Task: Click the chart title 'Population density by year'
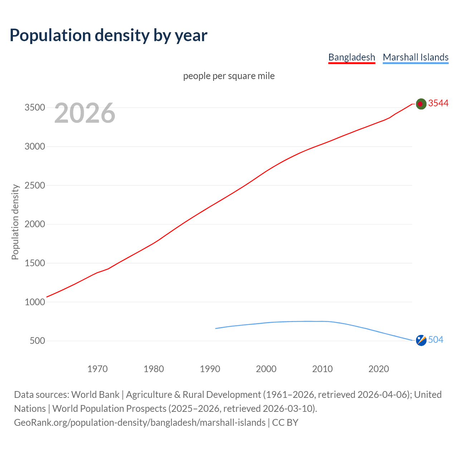[108, 35]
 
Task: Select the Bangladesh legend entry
[351, 57]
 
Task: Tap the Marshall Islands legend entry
[415, 57]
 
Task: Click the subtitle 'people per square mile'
[229, 76]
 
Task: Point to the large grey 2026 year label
[85, 113]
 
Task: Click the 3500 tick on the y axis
[35, 108]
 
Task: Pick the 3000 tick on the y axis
[35, 147]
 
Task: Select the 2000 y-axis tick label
[35, 224]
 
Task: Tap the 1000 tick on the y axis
[35, 302]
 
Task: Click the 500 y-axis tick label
[37, 341]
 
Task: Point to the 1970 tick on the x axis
[97, 369]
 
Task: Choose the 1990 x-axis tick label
[210, 369]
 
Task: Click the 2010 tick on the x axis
[322, 369]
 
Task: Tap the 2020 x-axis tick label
[379, 369]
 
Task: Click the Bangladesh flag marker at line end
[421, 104]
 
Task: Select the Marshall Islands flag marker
[421, 340]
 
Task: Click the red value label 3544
[438, 103]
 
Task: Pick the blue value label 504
[435, 340]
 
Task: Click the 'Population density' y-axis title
[15, 222]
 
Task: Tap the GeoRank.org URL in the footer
[140, 423]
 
